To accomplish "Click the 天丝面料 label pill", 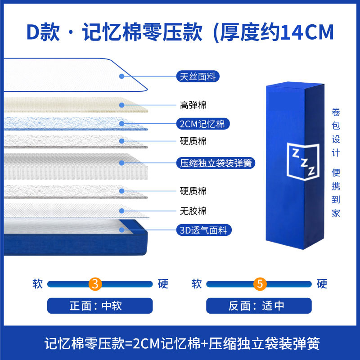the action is [x=198, y=76].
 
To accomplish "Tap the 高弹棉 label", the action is [x=193, y=105].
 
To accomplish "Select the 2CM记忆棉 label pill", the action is [x=203, y=124].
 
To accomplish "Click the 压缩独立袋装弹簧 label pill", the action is [x=216, y=163].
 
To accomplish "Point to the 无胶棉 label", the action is [x=193, y=211].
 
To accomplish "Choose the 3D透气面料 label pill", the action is [x=204, y=230].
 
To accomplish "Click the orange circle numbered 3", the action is [x=95, y=284].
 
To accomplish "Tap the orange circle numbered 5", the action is [x=260, y=284].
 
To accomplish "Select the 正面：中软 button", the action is [x=100, y=306].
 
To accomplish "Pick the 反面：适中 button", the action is [x=259, y=306].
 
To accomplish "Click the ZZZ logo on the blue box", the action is [x=303, y=162].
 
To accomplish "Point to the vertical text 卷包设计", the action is [x=336, y=132].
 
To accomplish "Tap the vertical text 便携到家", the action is [x=336, y=193].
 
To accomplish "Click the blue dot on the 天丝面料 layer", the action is [x=121, y=76].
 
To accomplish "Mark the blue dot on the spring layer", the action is [x=121, y=163].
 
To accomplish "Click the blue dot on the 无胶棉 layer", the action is [x=121, y=211].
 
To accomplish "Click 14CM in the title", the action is [x=307, y=32].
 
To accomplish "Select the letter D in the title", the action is [x=33, y=32].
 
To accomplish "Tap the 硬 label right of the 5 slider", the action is [x=322, y=284].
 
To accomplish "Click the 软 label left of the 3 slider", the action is [x=37, y=284].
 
